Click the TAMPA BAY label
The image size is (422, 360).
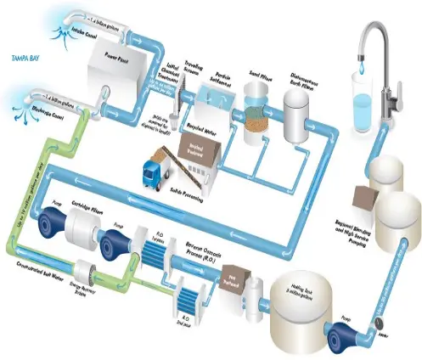coord(23,60)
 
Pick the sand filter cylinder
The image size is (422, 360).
coord(253,115)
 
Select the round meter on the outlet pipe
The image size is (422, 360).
coord(378,323)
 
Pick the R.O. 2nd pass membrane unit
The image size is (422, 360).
coord(189,297)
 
